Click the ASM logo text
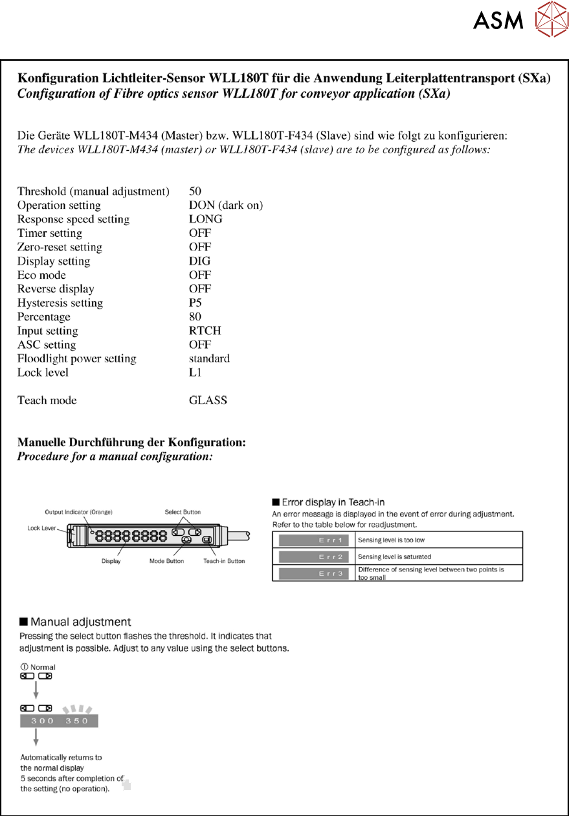[x=498, y=21]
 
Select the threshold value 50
[x=195, y=191]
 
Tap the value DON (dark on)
[x=226, y=205]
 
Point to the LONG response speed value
[x=205, y=219]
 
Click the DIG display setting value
[x=199, y=261]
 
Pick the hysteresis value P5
[x=195, y=303]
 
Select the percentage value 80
[x=195, y=317]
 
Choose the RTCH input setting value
[x=205, y=331]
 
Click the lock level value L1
[x=195, y=373]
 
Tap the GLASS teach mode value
[x=208, y=400]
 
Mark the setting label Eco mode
[x=41, y=275]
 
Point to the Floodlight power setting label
[x=76, y=358]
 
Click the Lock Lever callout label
[x=42, y=528]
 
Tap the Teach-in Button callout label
[x=224, y=561]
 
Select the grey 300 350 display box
[x=60, y=722]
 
